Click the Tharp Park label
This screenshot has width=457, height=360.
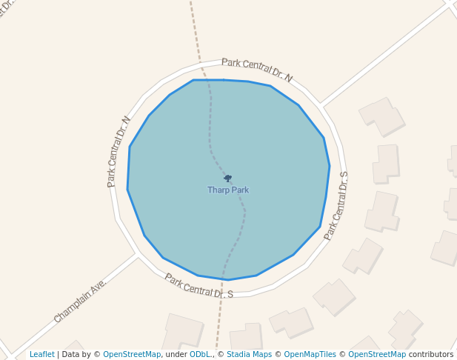(x=228, y=190)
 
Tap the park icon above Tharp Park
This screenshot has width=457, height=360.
(x=228, y=179)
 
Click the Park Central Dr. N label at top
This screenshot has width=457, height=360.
(x=257, y=70)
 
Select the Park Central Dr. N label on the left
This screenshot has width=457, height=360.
(x=118, y=151)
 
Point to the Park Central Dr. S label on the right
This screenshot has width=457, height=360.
(x=336, y=205)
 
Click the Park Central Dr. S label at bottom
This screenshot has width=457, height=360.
(x=199, y=286)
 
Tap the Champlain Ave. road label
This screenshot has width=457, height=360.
(x=80, y=301)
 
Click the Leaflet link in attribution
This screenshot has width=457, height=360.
(x=42, y=354)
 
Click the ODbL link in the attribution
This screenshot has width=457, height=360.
(x=200, y=354)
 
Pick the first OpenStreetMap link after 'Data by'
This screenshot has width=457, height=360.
(x=132, y=354)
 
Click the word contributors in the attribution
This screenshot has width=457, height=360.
(x=431, y=354)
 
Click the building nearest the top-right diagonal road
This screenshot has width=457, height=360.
(x=381, y=116)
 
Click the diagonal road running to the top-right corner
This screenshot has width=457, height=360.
(x=385, y=52)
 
